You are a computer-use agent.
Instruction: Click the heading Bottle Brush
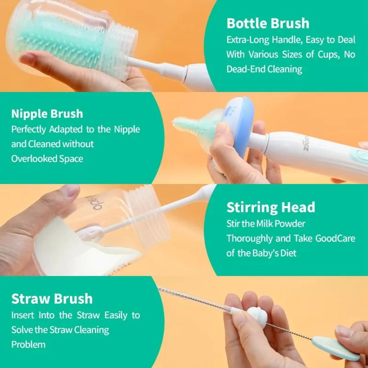click(x=268, y=23)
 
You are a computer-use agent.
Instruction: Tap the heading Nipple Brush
click(x=47, y=114)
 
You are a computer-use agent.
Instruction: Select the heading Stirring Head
click(x=270, y=207)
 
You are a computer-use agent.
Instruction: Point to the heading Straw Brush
click(x=52, y=299)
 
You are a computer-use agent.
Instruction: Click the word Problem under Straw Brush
click(x=28, y=345)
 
